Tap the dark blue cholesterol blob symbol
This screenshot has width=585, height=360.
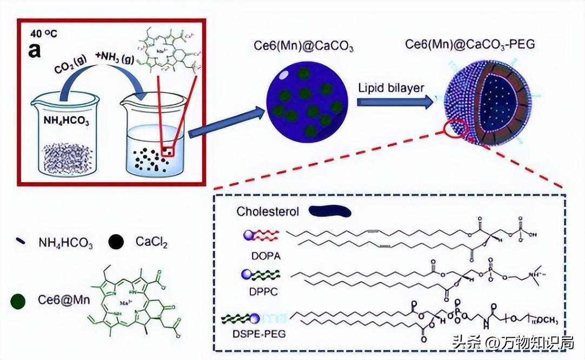tap(330, 211)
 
